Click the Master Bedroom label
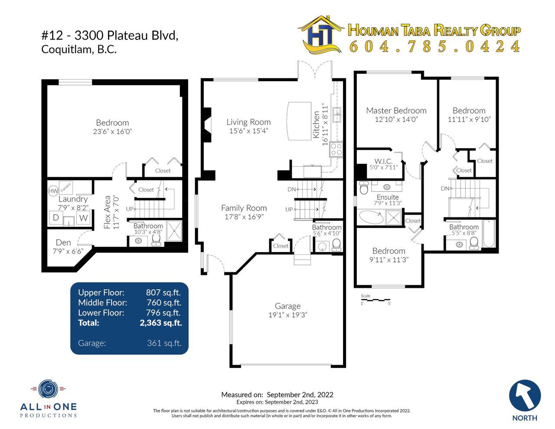pyautogui.click(x=396, y=111)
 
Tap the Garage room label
pyautogui.click(x=287, y=306)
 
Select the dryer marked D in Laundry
pyautogui.click(x=56, y=217)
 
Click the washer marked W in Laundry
pyautogui.click(x=83, y=217)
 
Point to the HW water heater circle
pyautogui.click(x=53, y=191)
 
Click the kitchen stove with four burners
pyautogui.click(x=336, y=149)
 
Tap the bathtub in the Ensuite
pyautogui.click(x=371, y=217)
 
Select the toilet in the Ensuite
pyautogui.click(x=363, y=188)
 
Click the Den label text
pyautogui.click(x=63, y=242)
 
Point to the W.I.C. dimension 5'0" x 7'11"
pyautogui.click(x=384, y=167)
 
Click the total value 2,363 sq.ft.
pyautogui.click(x=161, y=323)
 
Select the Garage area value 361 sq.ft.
pyautogui.click(x=164, y=343)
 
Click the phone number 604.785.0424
pyautogui.click(x=434, y=46)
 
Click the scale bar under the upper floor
pyautogui.click(x=375, y=299)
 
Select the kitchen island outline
pyautogui.click(x=299, y=121)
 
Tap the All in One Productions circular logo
pyautogui.click(x=48, y=389)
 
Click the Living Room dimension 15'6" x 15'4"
pyautogui.click(x=248, y=131)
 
